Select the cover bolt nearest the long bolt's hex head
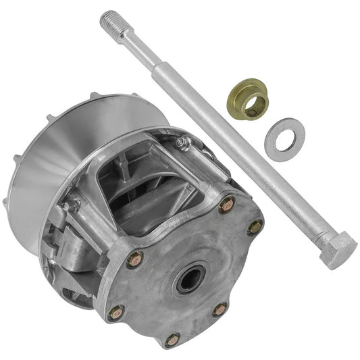coord(255,227)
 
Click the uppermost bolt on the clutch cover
coord(227,204)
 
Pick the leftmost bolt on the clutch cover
coord(115,313)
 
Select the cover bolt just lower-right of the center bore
coord(220,309)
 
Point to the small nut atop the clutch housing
coord(180,143)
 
